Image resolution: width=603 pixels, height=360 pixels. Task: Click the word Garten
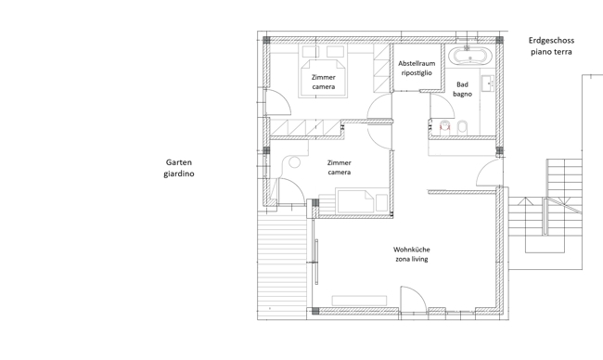coord(179,162)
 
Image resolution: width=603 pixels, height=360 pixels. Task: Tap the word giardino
coord(179,174)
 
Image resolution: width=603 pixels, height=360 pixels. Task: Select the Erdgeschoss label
coord(551,41)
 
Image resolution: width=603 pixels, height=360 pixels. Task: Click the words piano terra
coord(551,52)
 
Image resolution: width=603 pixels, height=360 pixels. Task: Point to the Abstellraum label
coord(417,63)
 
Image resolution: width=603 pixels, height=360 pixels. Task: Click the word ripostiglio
coord(417,72)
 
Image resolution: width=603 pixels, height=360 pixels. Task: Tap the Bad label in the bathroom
coord(462,84)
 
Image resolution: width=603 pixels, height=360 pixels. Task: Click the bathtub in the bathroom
coord(470,56)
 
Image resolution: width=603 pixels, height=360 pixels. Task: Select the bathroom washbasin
coord(488,84)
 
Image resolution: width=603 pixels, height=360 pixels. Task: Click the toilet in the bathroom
coord(445,127)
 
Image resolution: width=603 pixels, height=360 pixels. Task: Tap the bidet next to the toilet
coord(462,128)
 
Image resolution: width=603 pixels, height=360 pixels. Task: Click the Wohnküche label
coord(412,250)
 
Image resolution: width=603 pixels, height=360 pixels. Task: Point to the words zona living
coord(412,259)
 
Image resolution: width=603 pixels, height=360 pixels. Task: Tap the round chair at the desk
coord(294,162)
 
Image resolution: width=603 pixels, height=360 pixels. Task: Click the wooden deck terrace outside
coord(282,265)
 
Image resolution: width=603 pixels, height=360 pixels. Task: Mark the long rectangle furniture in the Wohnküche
coord(359,301)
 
